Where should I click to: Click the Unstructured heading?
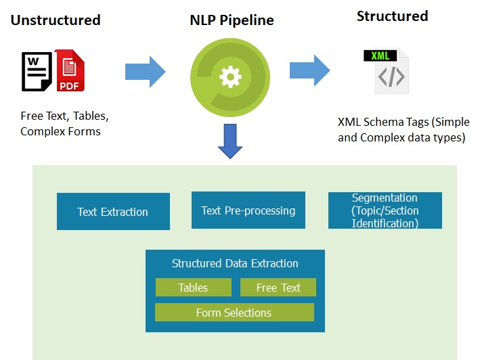pyautogui.click(x=56, y=20)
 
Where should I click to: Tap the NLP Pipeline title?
pyautogui.click(x=232, y=20)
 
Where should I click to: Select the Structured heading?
pyautogui.click(x=392, y=16)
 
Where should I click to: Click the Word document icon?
pyautogui.click(x=37, y=72)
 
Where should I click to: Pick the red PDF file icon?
pyautogui.click(x=70, y=70)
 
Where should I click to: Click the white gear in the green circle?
pyautogui.click(x=230, y=76)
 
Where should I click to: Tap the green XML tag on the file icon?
pyautogui.click(x=380, y=55)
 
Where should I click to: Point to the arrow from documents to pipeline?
pyautogui.click(x=146, y=72)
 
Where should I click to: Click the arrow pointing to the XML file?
pyautogui.click(x=310, y=70)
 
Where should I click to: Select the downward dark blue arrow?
pyautogui.click(x=230, y=141)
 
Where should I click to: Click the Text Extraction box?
pyautogui.click(x=113, y=211)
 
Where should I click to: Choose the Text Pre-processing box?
pyautogui.click(x=248, y=210)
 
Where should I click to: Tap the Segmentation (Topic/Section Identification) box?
pyautogui.click(x=385, y=210)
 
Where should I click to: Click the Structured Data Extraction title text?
pyautogui.click(x=235, y=263)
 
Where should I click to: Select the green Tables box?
pyautogui.click(x=194, y=287)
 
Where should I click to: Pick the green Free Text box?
pyautogui.click(x=278, y=287)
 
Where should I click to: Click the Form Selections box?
pyautogui.click(x=234, y=312)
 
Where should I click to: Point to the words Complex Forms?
pyautogui.click(x=60, y=131)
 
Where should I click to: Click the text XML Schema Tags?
pyautogui.click(x=383, y=122)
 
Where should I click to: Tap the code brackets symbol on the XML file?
pyautogui.click(x=391, y=76)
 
